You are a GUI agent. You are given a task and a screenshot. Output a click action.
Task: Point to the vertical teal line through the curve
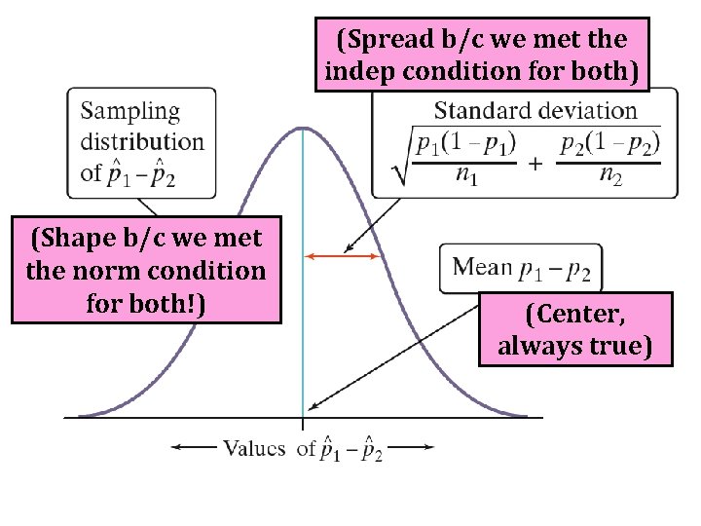[x=303, y=292]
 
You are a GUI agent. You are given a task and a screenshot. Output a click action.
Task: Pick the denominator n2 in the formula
[x=610, y=176]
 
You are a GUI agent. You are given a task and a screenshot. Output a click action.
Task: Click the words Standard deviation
[x=535, y=111]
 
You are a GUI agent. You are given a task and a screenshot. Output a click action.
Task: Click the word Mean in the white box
[x=484, y=267]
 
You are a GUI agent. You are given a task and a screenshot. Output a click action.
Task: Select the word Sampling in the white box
[x=130, y=111]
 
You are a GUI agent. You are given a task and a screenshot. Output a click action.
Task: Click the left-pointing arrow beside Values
[x=192, y=448]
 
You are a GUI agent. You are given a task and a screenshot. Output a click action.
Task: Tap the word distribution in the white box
[x=142, y=142]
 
